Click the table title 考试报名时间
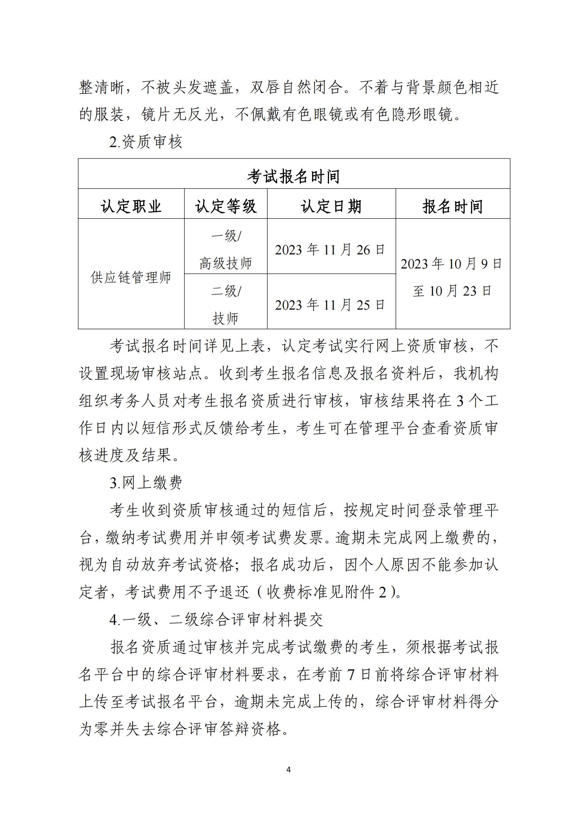(x=293, y=176)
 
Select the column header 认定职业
(x=131, y=207)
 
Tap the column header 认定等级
(x=226, y=207)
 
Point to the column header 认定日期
(x=331, y=207)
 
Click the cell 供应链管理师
(x=131, y=277)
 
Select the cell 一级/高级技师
(x=226, y=249)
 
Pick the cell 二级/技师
(x=226, y=304)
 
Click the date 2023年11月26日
(x=330, y=250)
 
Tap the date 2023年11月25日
(x=330, y=305)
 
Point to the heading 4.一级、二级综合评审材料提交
(x=216, y=620)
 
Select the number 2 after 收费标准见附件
(x=382, y=593)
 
